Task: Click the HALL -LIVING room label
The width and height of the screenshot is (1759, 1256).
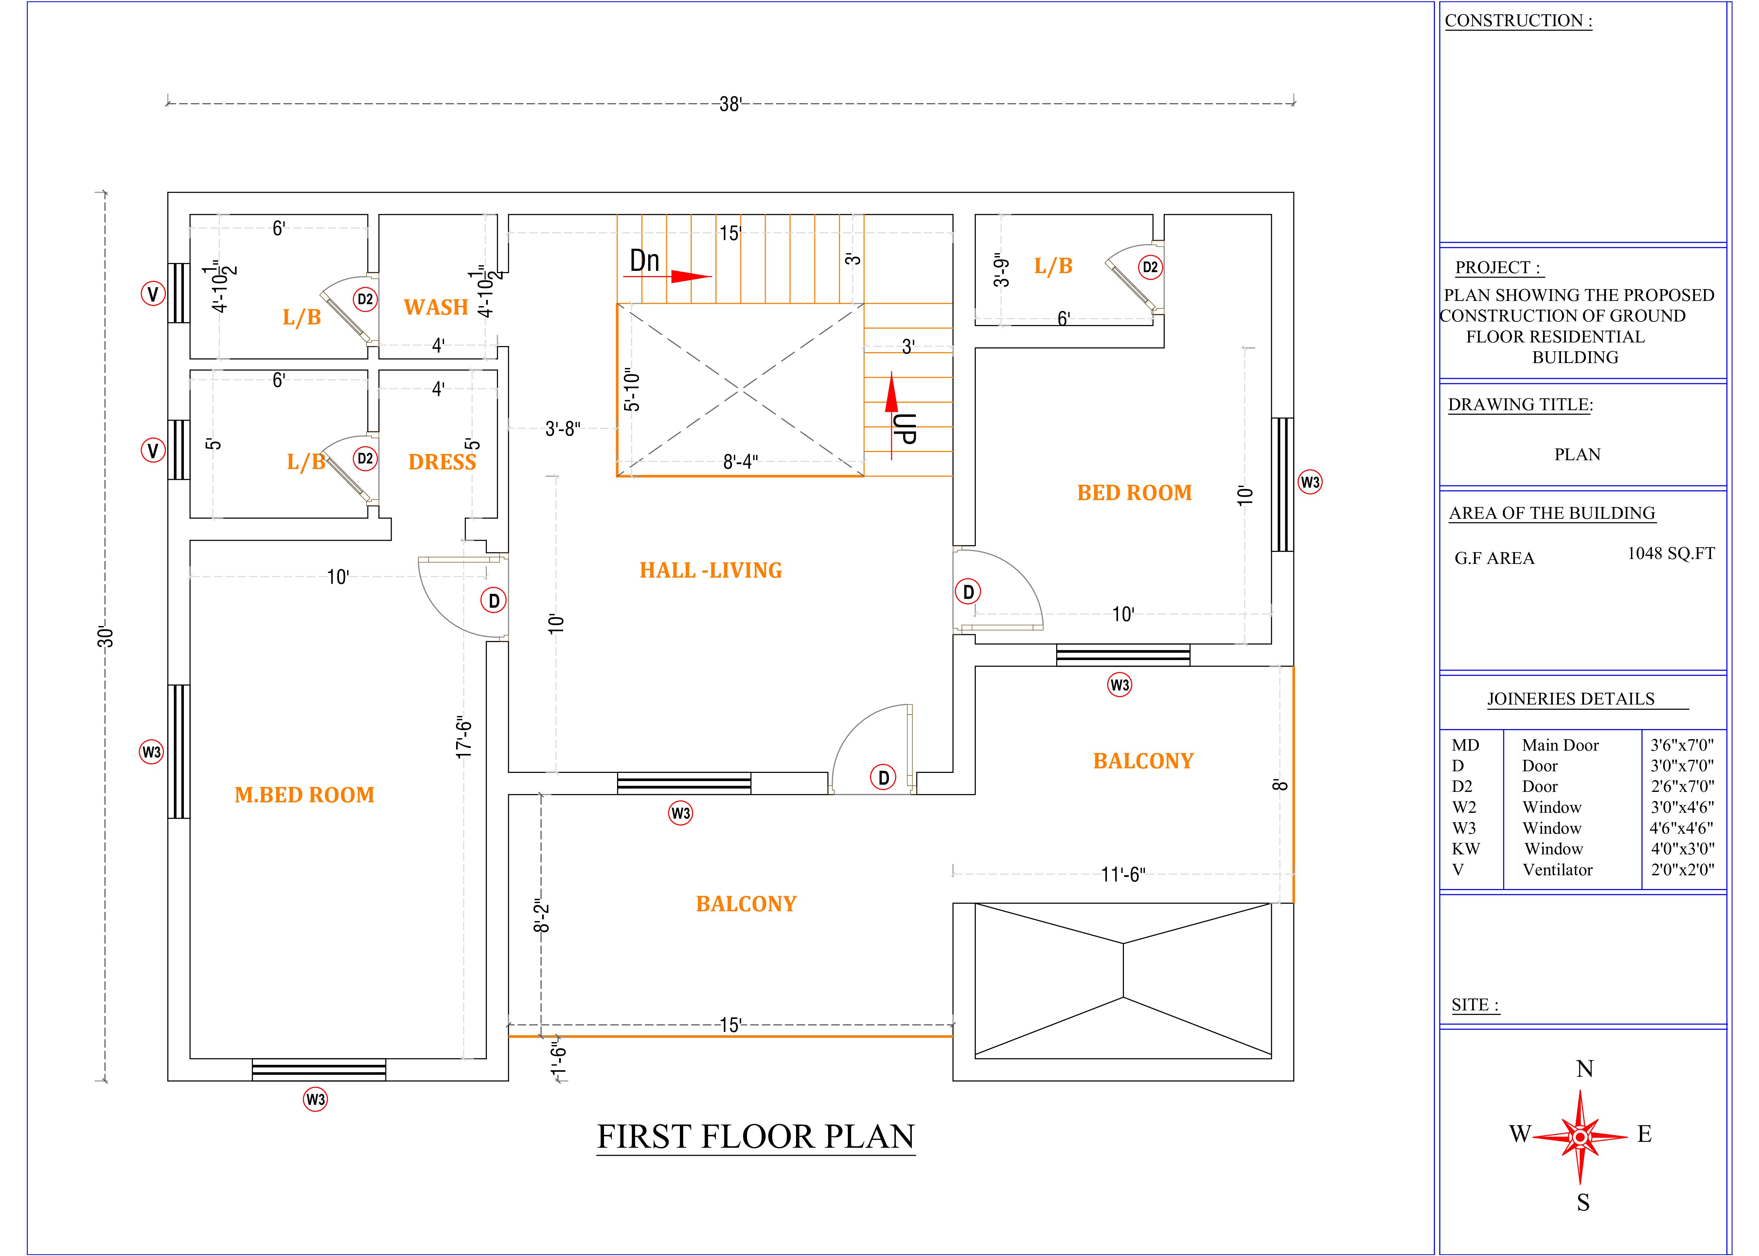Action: pos(710,571)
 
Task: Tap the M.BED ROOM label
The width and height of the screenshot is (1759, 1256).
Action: pos(304,795)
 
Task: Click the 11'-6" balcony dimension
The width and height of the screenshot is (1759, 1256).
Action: pos(1122,875)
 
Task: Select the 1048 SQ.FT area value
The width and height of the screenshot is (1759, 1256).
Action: pos(1671,554)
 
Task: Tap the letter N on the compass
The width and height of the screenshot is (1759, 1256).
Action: pos(1584,1069)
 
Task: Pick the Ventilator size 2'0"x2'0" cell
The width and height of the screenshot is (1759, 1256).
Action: pos(1682,870)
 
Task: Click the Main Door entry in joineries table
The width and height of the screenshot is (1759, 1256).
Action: pos(1559,745)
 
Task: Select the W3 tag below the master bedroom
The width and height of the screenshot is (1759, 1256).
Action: pos(315,1099)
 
